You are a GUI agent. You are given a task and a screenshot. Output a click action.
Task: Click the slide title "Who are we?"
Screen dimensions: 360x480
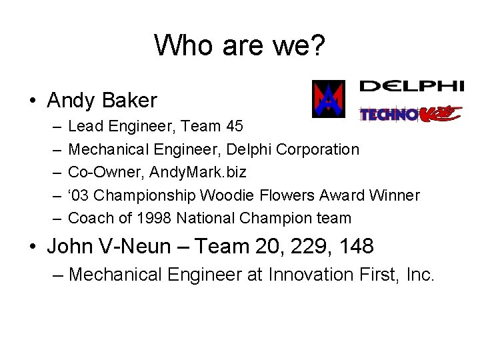pos(240,45)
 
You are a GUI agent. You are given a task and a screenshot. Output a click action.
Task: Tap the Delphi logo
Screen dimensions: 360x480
pos(411,86)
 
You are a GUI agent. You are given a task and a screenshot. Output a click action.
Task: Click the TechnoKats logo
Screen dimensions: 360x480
pos(411,114)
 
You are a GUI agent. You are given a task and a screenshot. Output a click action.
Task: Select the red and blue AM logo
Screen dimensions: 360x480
pos(329,99)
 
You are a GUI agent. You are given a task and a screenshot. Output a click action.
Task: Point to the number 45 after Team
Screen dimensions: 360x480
pos(234,126)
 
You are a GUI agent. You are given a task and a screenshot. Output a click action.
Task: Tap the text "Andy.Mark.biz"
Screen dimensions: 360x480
pos(198,172)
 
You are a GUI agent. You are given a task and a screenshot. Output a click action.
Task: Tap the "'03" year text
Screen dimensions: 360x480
pos(79,195)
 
